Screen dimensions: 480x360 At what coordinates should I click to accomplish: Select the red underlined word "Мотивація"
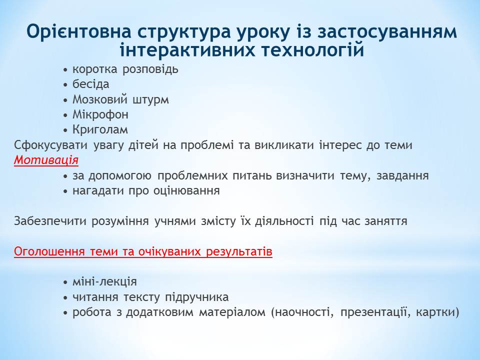coord(46,160)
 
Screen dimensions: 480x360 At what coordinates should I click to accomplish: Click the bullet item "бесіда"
coord(91,84)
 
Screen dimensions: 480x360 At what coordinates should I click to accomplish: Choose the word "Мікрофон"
coord(100,114)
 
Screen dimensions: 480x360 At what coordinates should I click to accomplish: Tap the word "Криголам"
coord(100,130)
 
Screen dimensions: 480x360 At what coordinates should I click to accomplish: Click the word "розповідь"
coord(150,69)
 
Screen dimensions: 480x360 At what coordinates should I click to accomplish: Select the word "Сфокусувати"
coord(51,145)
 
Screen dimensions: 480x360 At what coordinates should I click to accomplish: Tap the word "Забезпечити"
coord(50,221)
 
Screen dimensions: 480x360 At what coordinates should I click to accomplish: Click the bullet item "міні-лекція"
coord(104,281)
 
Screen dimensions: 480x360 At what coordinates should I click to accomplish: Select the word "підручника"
coord(197,297)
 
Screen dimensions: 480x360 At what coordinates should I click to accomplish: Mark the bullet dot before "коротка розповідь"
coord(65,70)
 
